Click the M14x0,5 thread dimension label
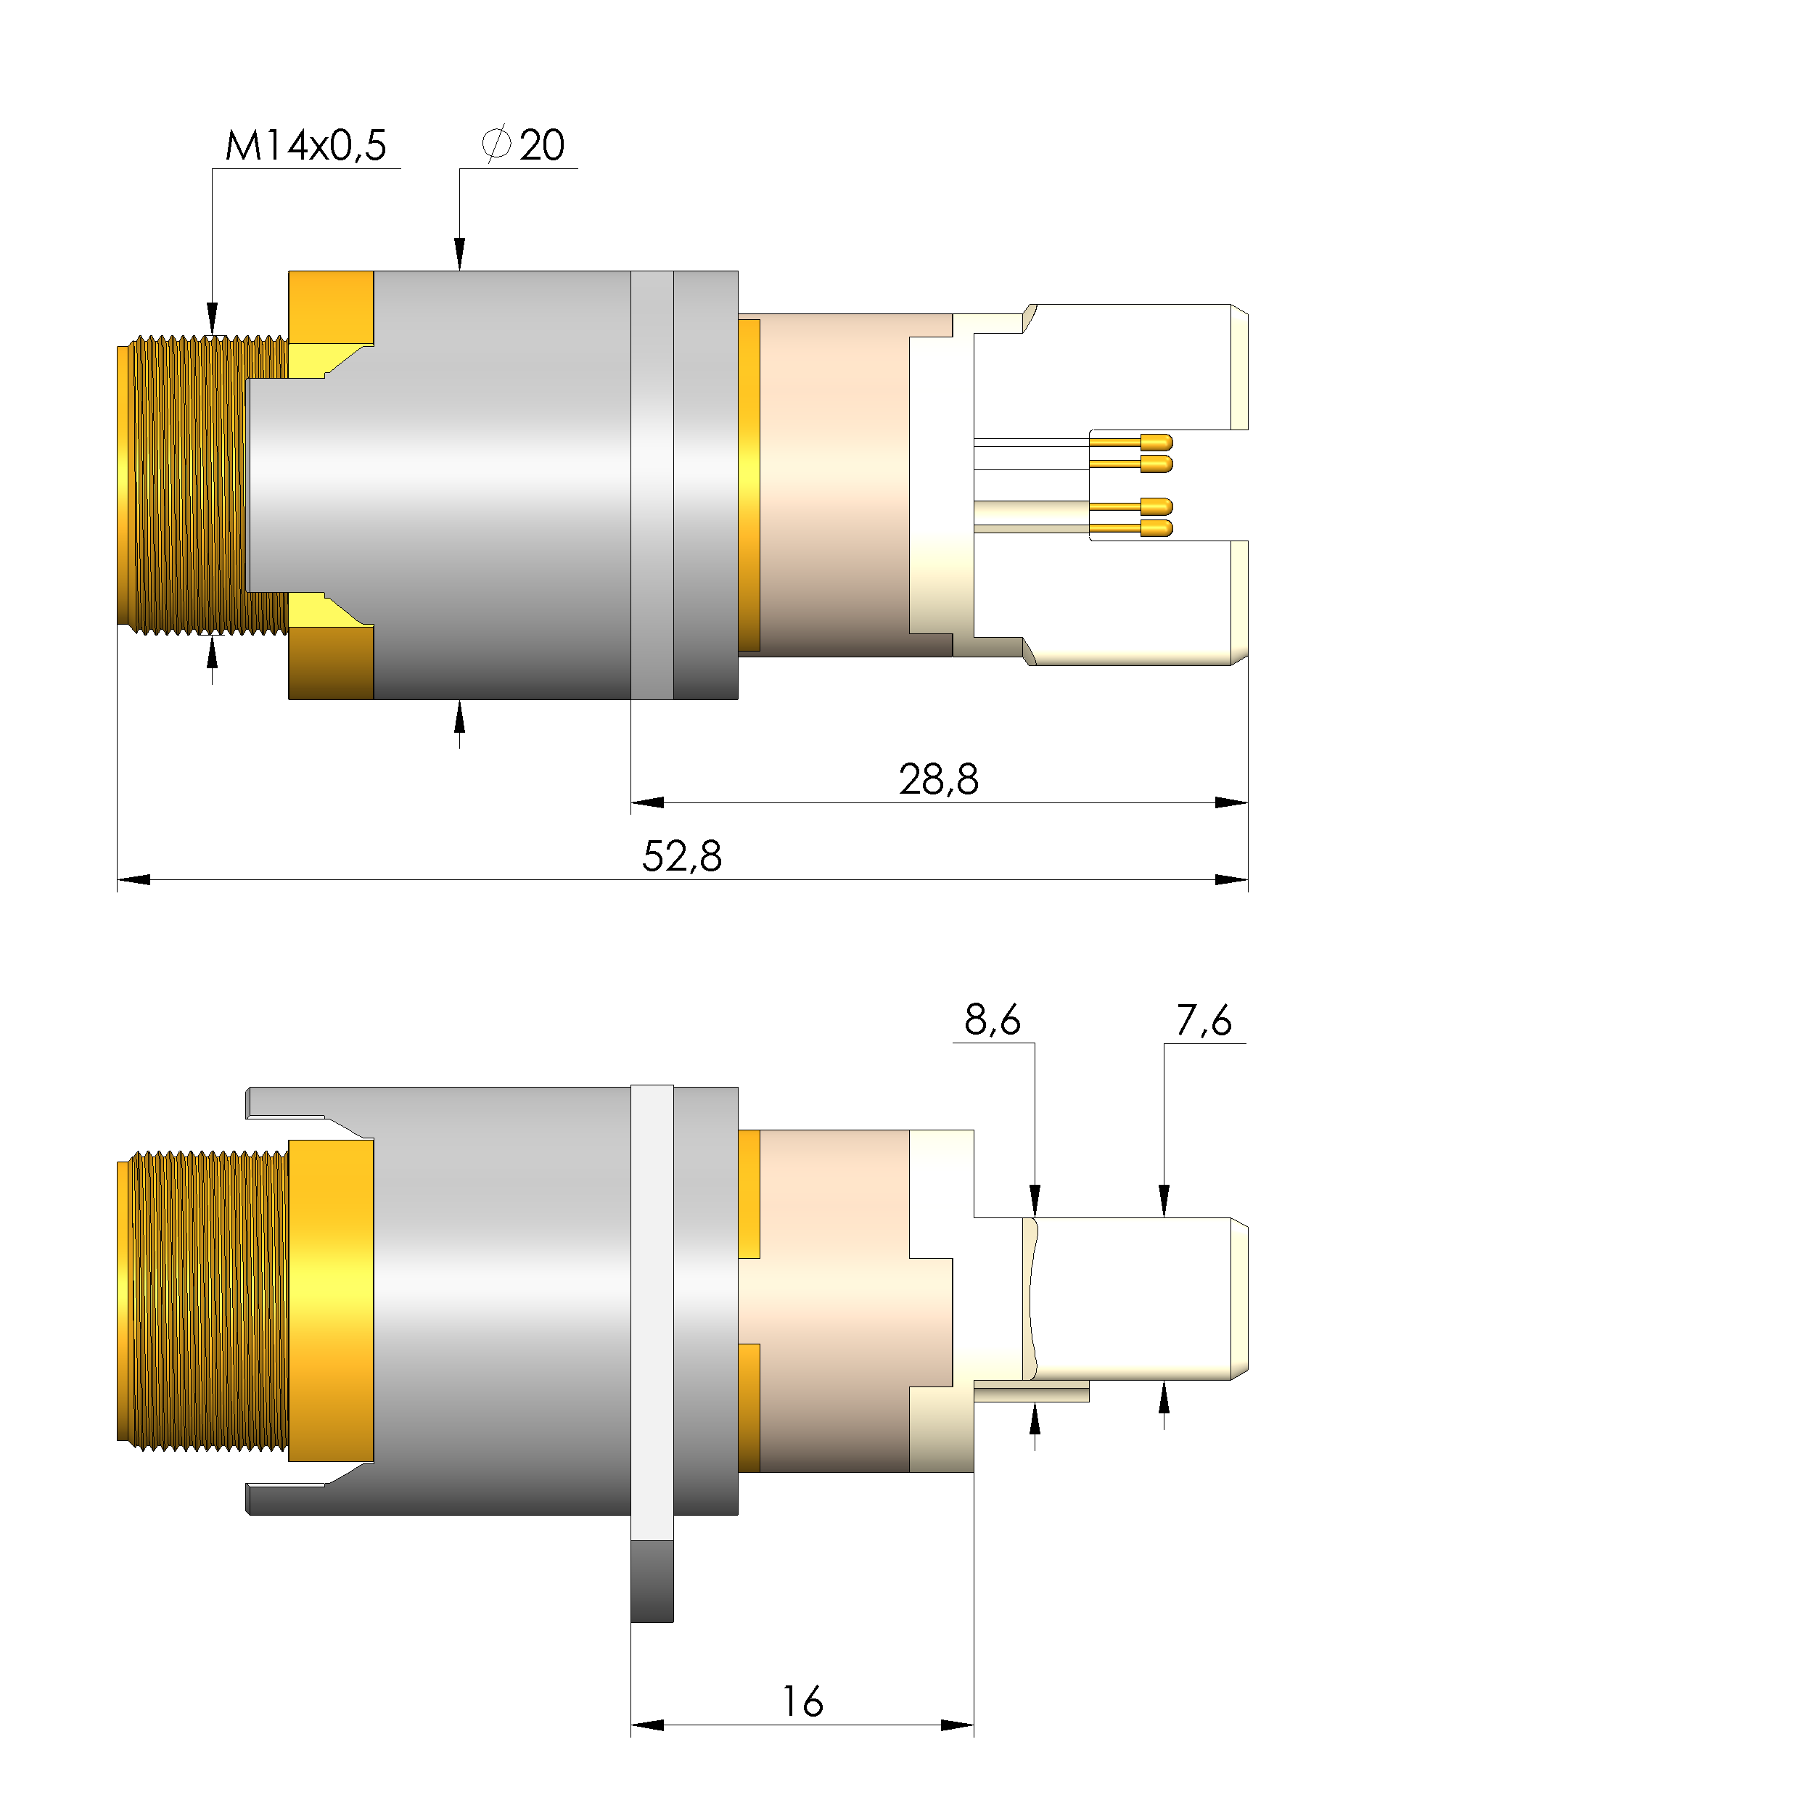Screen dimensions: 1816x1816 [305, 146]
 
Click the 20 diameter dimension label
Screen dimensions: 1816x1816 [541, 146]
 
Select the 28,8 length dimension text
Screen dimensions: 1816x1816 [938, 779]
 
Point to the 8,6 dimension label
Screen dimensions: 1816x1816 [993, 1020]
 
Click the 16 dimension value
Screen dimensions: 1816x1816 [802, 1702]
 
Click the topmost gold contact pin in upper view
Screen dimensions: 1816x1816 [1155, 442]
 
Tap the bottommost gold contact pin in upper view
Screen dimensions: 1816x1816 [1155, 528]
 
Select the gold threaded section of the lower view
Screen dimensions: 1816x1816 [202, 1302]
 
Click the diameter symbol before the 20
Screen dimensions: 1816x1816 [496, 144]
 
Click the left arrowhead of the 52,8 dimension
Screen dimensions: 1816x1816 [134, 880]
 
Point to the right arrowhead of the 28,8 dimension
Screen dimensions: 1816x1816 [1230, 802]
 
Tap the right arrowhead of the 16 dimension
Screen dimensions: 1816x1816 [956, 1725]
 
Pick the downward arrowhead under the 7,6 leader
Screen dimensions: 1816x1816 [1164, 1200]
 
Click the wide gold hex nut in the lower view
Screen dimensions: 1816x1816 [330, 1302]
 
